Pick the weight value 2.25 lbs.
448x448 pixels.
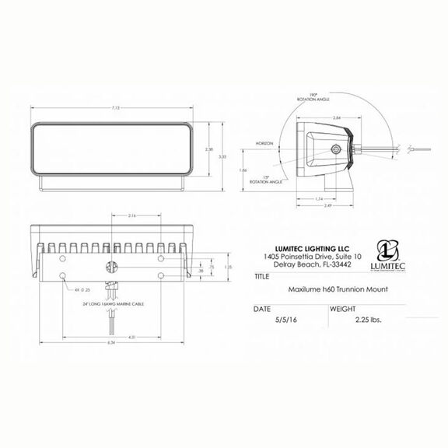coord(366,318)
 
